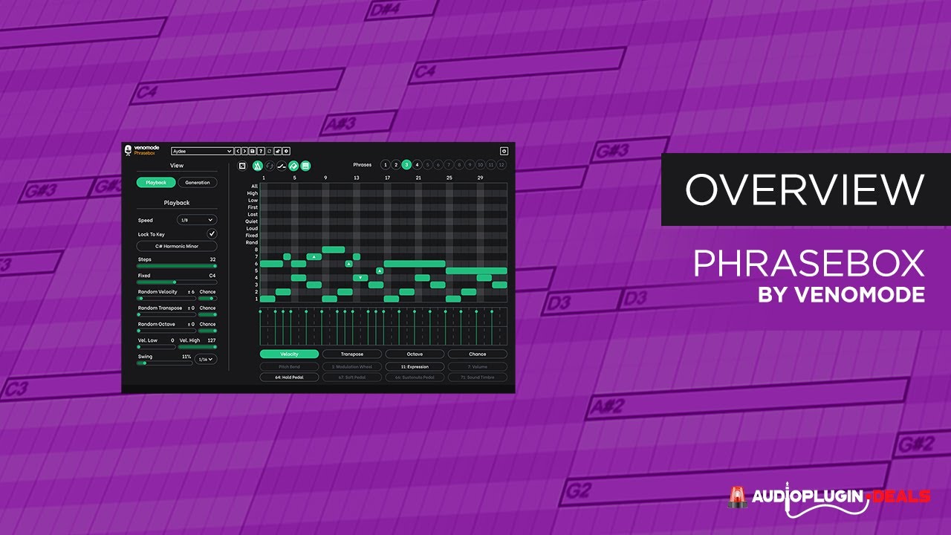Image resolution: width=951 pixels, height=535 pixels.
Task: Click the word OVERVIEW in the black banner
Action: click(805, 189)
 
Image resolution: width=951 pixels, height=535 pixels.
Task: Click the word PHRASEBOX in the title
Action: click(808, 264)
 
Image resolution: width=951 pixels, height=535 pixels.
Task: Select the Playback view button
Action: click(156, 182)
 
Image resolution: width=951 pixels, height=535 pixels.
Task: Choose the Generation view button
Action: click(198, 182)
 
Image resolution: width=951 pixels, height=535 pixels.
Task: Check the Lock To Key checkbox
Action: click(212, 234)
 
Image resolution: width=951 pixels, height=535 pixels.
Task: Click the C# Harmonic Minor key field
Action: click(177, 246)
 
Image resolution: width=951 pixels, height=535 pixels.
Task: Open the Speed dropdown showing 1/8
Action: click(197, 220)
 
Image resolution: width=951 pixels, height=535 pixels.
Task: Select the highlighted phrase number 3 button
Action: click(406, 165)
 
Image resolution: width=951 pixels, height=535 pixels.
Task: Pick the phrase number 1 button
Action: click(385, 165)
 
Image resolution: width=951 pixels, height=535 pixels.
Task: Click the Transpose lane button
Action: click(352, 354)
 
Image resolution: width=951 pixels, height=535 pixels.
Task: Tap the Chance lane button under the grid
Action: click(477, 354)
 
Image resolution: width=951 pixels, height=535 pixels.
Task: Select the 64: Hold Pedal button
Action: click(289, 377)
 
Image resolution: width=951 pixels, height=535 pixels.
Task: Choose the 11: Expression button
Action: click(415, 366)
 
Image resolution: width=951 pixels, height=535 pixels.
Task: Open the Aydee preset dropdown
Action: click(202, 152)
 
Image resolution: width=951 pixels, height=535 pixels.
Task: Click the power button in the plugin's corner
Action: click(504, 151)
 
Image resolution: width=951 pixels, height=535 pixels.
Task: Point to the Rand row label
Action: click(252, 242)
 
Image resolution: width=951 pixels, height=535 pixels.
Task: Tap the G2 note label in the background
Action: click(577, 490)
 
